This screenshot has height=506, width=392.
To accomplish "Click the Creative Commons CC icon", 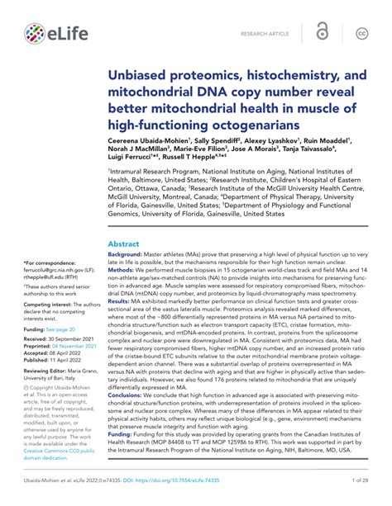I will [361, 34].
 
